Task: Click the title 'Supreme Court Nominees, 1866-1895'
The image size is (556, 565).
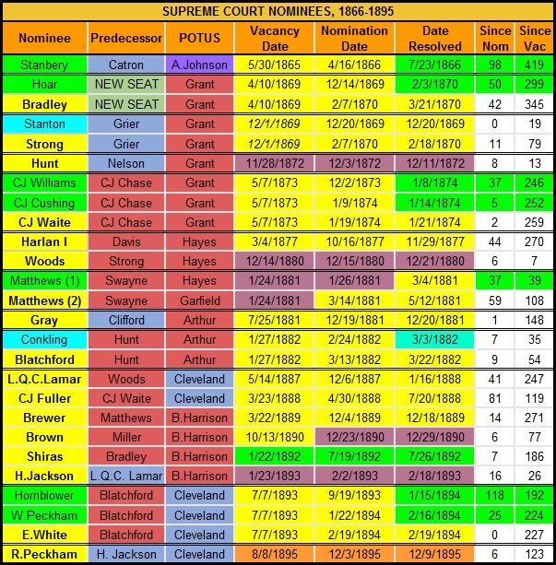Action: click(278, 10)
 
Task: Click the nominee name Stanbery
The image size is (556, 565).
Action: click(44, 65)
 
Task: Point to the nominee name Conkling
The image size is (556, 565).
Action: click(44, 340)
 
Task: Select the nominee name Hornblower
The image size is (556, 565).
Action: click(44, 496)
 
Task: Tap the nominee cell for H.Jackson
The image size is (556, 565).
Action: click(44, 477)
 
